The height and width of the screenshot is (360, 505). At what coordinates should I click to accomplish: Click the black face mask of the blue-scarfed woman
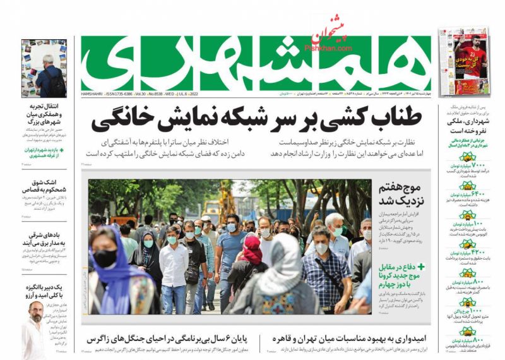pyautogui.click(x=105, y=258)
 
